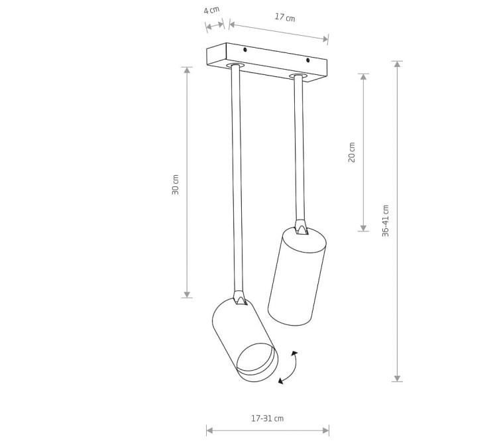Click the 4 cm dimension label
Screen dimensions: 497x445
tap(211, 10)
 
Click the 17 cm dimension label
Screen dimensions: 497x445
tap(285, 17)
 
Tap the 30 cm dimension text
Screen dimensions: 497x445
tap(176, 184)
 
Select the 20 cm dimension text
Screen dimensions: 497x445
tap(352, 153)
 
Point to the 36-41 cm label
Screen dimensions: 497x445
tap(385, 221)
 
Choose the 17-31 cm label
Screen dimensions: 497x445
tap(267, 418)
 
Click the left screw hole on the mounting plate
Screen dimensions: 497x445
tap(245, 50)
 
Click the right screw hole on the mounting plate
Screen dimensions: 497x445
tap(307, 60)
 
